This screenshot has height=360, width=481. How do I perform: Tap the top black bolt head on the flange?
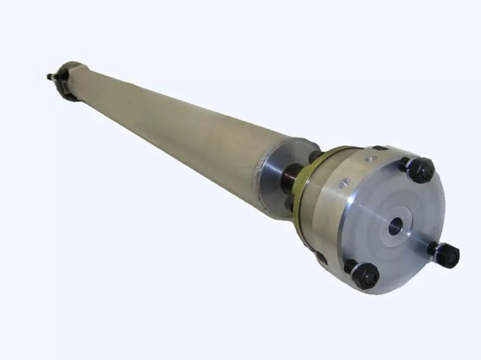pyautogui.click(x=420, y=170)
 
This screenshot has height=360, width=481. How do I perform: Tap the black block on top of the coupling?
pyautogui.click(x=380, y=148)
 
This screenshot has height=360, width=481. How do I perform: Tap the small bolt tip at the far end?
pyautogui.click(x=50, y=76)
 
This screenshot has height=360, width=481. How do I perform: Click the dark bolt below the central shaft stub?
pyautogui.click(x=289, y=204)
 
